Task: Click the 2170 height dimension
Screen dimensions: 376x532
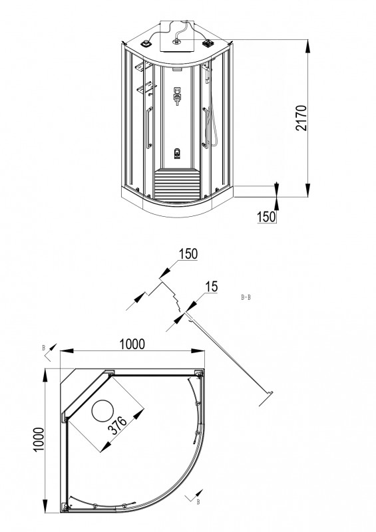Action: pyautogui.click(x=301, y=118)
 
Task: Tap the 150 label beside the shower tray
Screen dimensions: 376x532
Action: pyautogui.click(x=266, y=217)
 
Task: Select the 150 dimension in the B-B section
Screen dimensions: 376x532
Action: pyautogui.click(x=188, y=254)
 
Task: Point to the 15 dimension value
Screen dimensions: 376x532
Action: pyautogui.click(x=211, y=287)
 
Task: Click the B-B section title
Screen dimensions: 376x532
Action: pyautogui.click(x=246, y=298)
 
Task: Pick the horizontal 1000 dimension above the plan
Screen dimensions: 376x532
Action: pyautogui.click(x=132, y=344)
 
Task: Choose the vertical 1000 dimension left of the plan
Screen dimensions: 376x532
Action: pyautogui.click(x=39, y=440)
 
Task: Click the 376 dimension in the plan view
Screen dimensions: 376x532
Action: pyautogui.click(x=117, y=426)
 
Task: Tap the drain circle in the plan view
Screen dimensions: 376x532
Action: pyautogui.click(x=103, y=411)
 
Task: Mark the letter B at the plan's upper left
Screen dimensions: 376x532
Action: pyautogui.click(x=43, y=348)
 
